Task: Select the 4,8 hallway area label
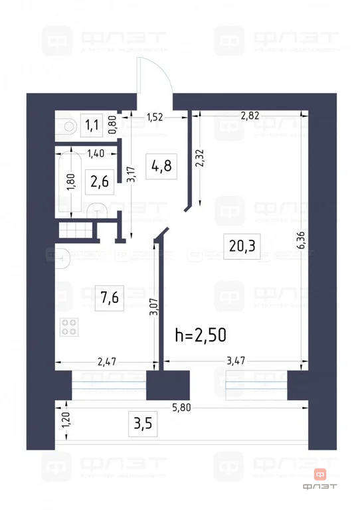pyautogui.click(x=161, y=165)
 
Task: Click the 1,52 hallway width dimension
pyautogui.click(x=155, y=118)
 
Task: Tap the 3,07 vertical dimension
pyautogui.click(x=153, y=306)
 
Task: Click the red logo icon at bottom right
pyautogui.click(x=321, y=474)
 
